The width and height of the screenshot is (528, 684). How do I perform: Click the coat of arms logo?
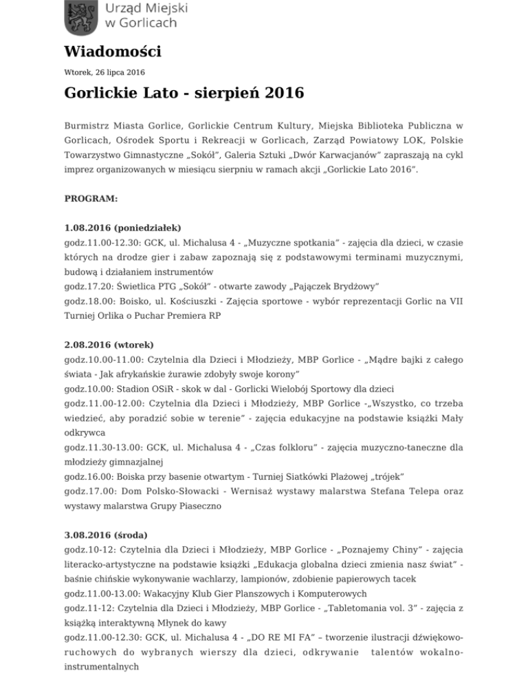[x=81, y=19]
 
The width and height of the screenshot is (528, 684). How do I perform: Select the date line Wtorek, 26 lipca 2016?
[x=104, y=71]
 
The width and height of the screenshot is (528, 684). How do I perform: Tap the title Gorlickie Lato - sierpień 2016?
[x=175, y=93]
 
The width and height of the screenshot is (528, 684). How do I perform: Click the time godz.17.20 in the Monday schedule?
[x=87, y=286]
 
